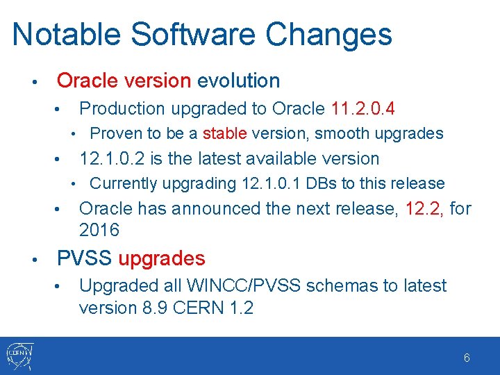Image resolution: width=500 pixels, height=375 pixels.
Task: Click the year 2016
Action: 99,230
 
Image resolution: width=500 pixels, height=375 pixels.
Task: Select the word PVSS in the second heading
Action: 84,259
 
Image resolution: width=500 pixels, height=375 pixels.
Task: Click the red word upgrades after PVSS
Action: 162,259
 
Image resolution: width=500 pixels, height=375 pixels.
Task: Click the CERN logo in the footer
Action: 19,356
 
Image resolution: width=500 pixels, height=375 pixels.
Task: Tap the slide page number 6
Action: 467,358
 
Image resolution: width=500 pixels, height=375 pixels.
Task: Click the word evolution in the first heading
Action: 238,81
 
